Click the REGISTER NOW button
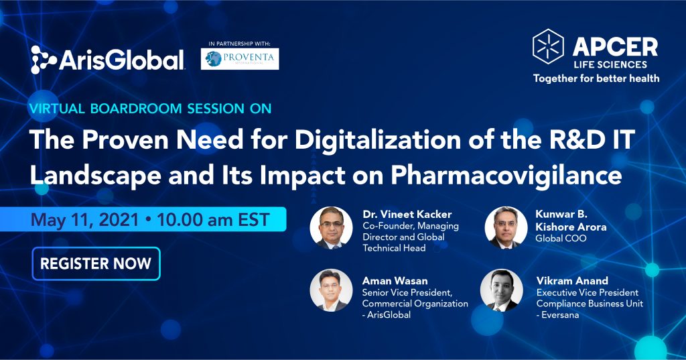click(96, 263)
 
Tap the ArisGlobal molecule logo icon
click(44, 60)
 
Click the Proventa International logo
click(240, 59)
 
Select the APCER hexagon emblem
click(548, 46)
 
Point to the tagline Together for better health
click(596, 78)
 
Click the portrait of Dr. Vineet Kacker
click(331, 228)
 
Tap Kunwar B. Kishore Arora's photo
click(506, 228)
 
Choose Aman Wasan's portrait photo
click(331, 290)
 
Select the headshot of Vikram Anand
click(501, 290)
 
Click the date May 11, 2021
click(84, 219)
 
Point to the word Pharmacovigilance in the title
click(506, 176)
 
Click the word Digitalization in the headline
click(378, 140)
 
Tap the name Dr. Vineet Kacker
click(407, 214)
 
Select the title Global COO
click(561, 238)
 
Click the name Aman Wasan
click(395, 281)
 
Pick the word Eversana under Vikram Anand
click(560, 315)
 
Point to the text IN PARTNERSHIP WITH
click(240, 44)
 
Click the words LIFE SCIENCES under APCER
click(610, 65)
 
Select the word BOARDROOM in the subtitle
click(135, 109)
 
